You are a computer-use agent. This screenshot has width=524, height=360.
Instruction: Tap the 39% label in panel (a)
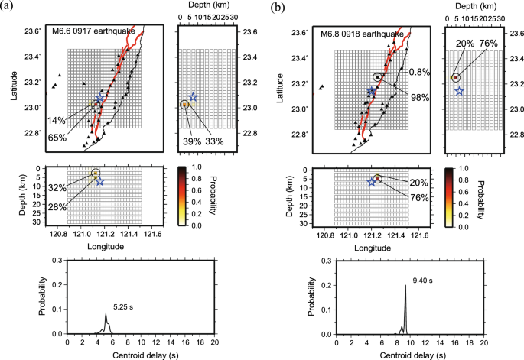[x=188, y=141]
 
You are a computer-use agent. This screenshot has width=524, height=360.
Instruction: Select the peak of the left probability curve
[x=106, y=313]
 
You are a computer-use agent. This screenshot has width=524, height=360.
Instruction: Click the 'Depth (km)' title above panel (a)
[x=204, y=5]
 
